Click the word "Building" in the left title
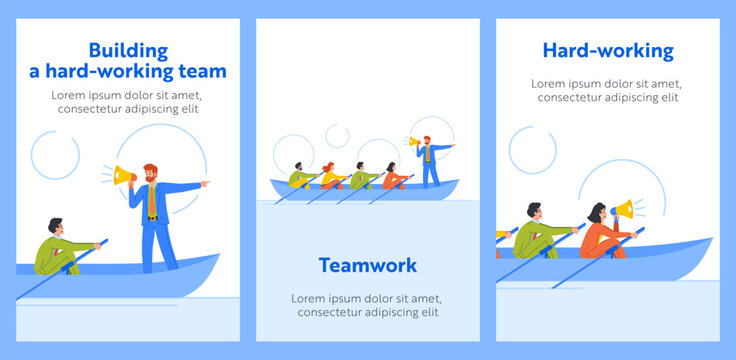pyautogui.click(x=129, y=49)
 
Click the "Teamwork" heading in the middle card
pyautogui.click(x=368, y=265)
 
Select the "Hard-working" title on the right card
pyautogui.click(x=608, y=50)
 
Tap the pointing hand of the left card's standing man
pyautogui.click(x=206, y=184)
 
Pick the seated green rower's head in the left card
pyautogui.click(x=57, y=226)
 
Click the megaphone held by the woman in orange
pyautogui.click(x=623, y=210)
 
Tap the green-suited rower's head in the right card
pyautogui.click(x=533, y=212)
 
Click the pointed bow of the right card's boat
pyautogui.click(x=708, y=241)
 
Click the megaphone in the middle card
pyautogui.click(x=414, y=143)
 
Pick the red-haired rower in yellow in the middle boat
pyautogui.click(x=328, y=174)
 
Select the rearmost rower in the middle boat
pyautogui.click(x=299, y=175)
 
